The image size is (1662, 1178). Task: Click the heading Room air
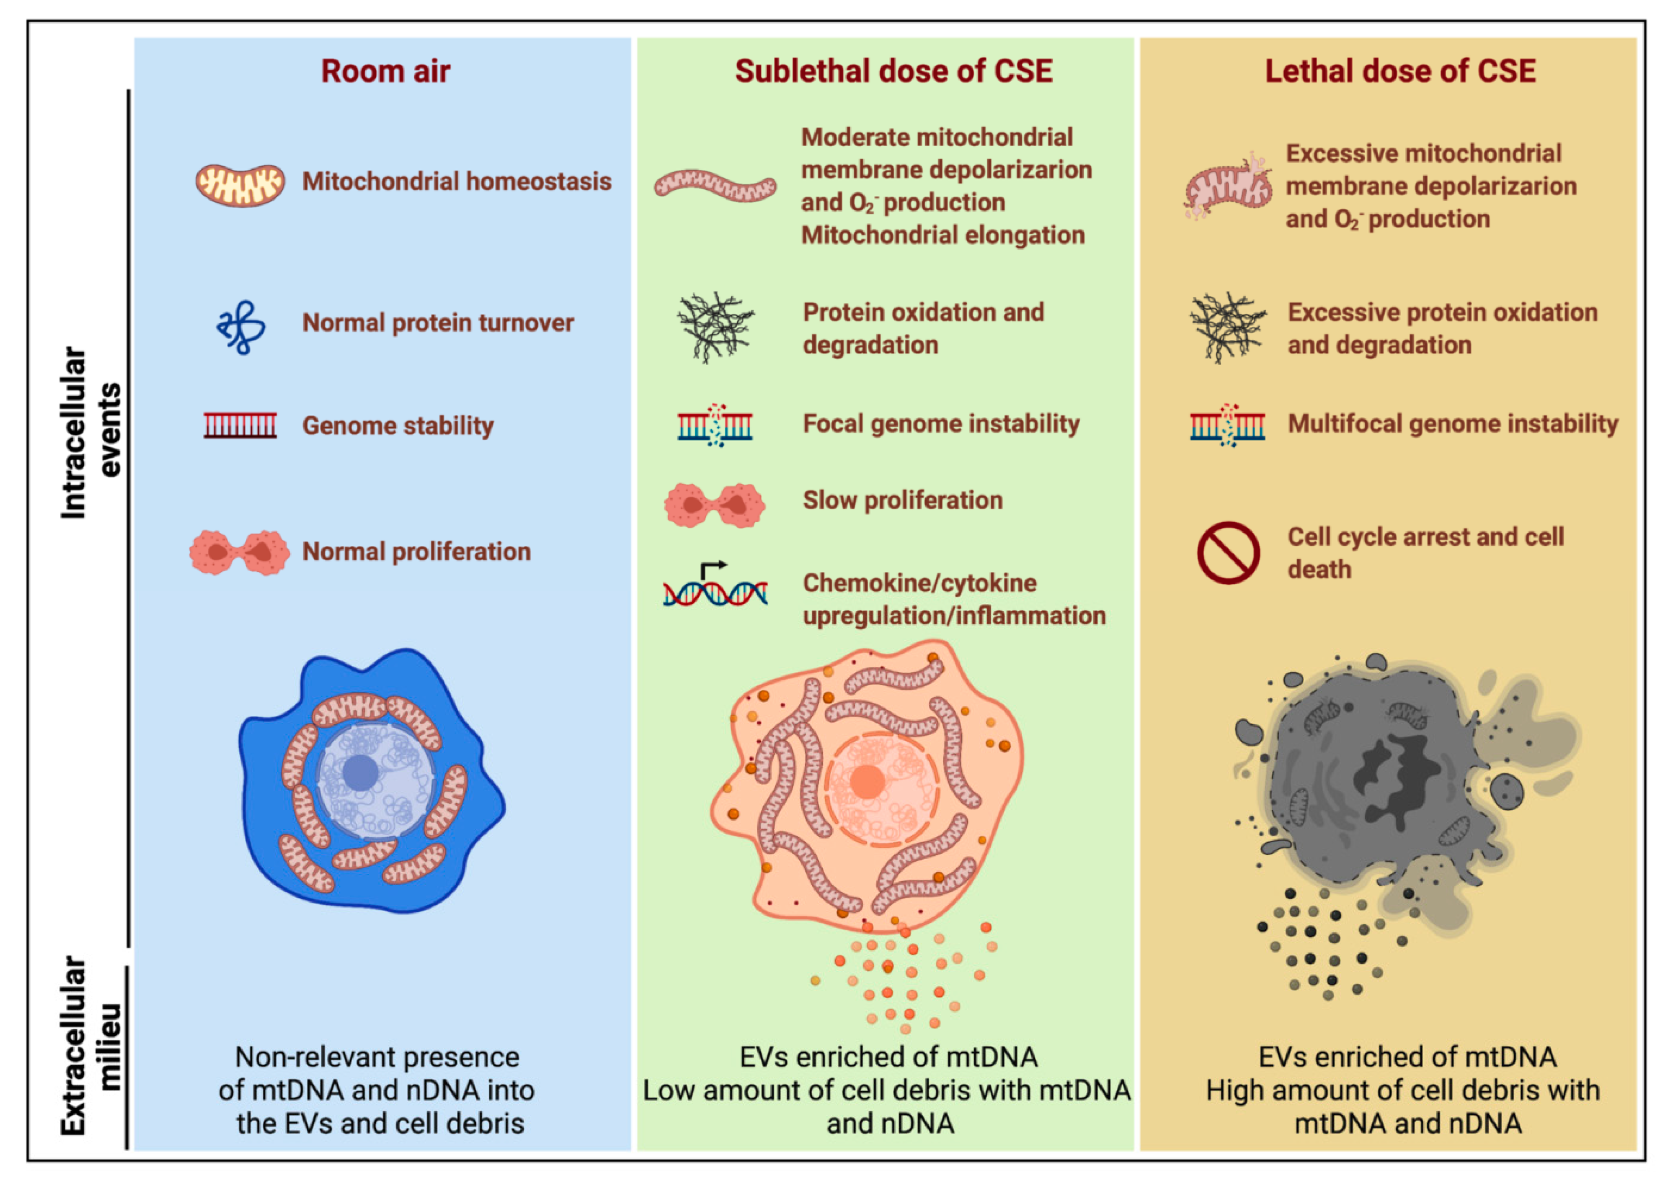pyautogui.click(x=385, y=71)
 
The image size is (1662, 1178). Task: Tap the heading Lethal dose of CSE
pyautogui.click(x=1400, y=71)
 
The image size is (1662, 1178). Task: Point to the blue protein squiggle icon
pyautogui.click(x=241, y=327)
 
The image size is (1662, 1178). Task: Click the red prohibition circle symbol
pyautogui.click(x=1227, y=553)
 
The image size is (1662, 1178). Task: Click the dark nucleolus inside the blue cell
pyautogui.click(x=360, y=773)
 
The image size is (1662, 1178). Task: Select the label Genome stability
pyautogui.click(x=398, y=426)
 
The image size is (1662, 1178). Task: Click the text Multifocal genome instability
pyautogui.click(x=1453, y=424)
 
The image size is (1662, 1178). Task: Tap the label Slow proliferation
pyautogui.click(x=903, y=500)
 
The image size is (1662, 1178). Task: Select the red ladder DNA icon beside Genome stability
pyautogui.click(x=240, y=426)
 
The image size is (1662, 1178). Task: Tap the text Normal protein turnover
pyautogui.click(x=437, y=323)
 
